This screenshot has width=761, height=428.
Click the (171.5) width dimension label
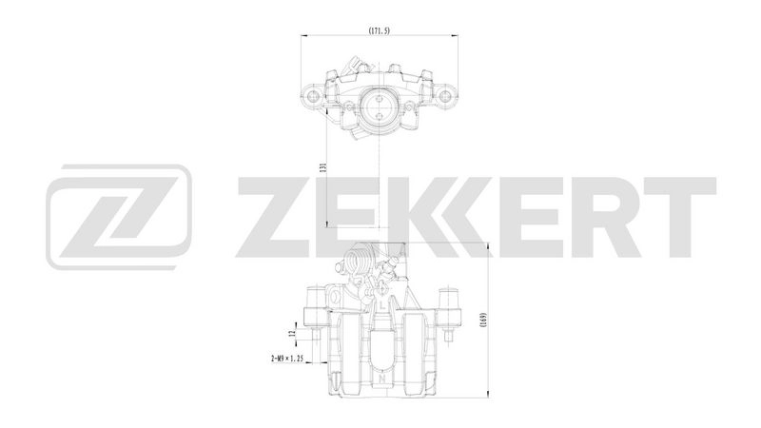[380, 31]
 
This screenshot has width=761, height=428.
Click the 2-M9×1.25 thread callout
[286, 360]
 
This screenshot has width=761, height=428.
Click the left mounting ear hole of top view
[314, 95]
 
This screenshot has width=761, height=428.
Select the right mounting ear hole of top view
[445, 95]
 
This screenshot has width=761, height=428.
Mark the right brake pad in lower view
[415, 352]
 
